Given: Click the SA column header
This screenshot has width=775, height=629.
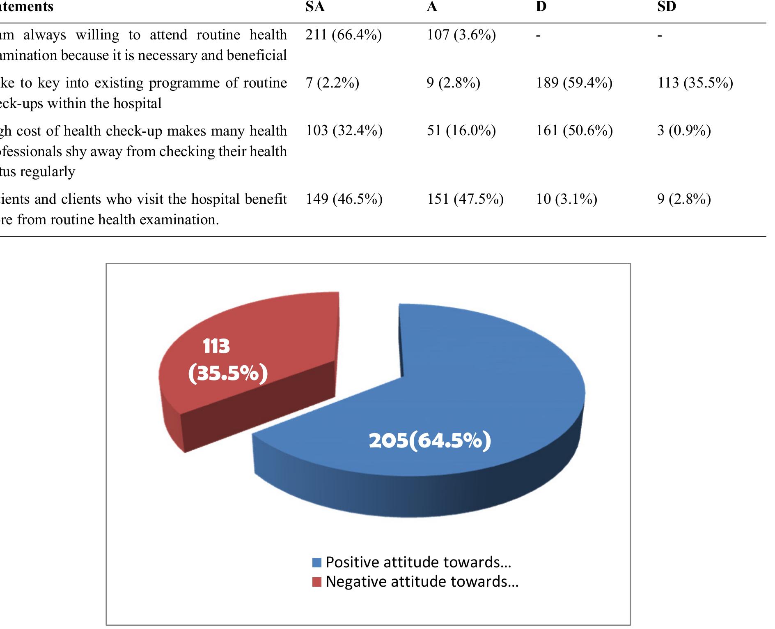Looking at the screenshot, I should pos(315,7).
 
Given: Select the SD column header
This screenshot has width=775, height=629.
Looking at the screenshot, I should pos(666,7).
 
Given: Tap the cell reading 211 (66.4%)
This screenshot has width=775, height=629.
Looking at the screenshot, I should pos(344,35).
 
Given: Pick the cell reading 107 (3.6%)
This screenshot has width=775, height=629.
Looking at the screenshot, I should pos(461,35).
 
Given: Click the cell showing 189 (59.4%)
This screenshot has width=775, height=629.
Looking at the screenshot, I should pos(574,83).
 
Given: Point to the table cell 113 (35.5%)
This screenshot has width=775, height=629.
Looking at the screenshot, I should pos(695,83).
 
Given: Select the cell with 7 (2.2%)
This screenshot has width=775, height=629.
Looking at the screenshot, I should pos(332,83).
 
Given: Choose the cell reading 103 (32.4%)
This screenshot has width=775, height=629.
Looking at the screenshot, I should pos(344,131).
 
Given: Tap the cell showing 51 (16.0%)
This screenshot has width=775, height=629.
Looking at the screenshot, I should pos(461,131).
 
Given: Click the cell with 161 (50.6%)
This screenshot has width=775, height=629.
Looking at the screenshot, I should pos(574,131).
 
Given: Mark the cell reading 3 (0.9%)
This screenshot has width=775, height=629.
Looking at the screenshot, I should pos(684,131).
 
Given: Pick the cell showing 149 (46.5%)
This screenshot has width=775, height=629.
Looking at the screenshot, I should pos(344,199).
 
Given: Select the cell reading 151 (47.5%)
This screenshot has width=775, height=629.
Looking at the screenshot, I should pos(465,199).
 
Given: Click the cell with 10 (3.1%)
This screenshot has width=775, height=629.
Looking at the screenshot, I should pos(566,199).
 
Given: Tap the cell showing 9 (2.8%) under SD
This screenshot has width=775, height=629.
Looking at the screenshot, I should pos(684,199).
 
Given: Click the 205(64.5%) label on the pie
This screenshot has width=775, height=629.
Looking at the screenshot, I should pos(430,440).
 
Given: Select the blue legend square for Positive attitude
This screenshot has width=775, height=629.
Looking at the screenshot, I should pos(316,562).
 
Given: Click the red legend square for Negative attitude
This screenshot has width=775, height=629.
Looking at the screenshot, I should pos(316,582).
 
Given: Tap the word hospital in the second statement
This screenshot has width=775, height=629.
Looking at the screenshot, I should pos(138,103).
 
